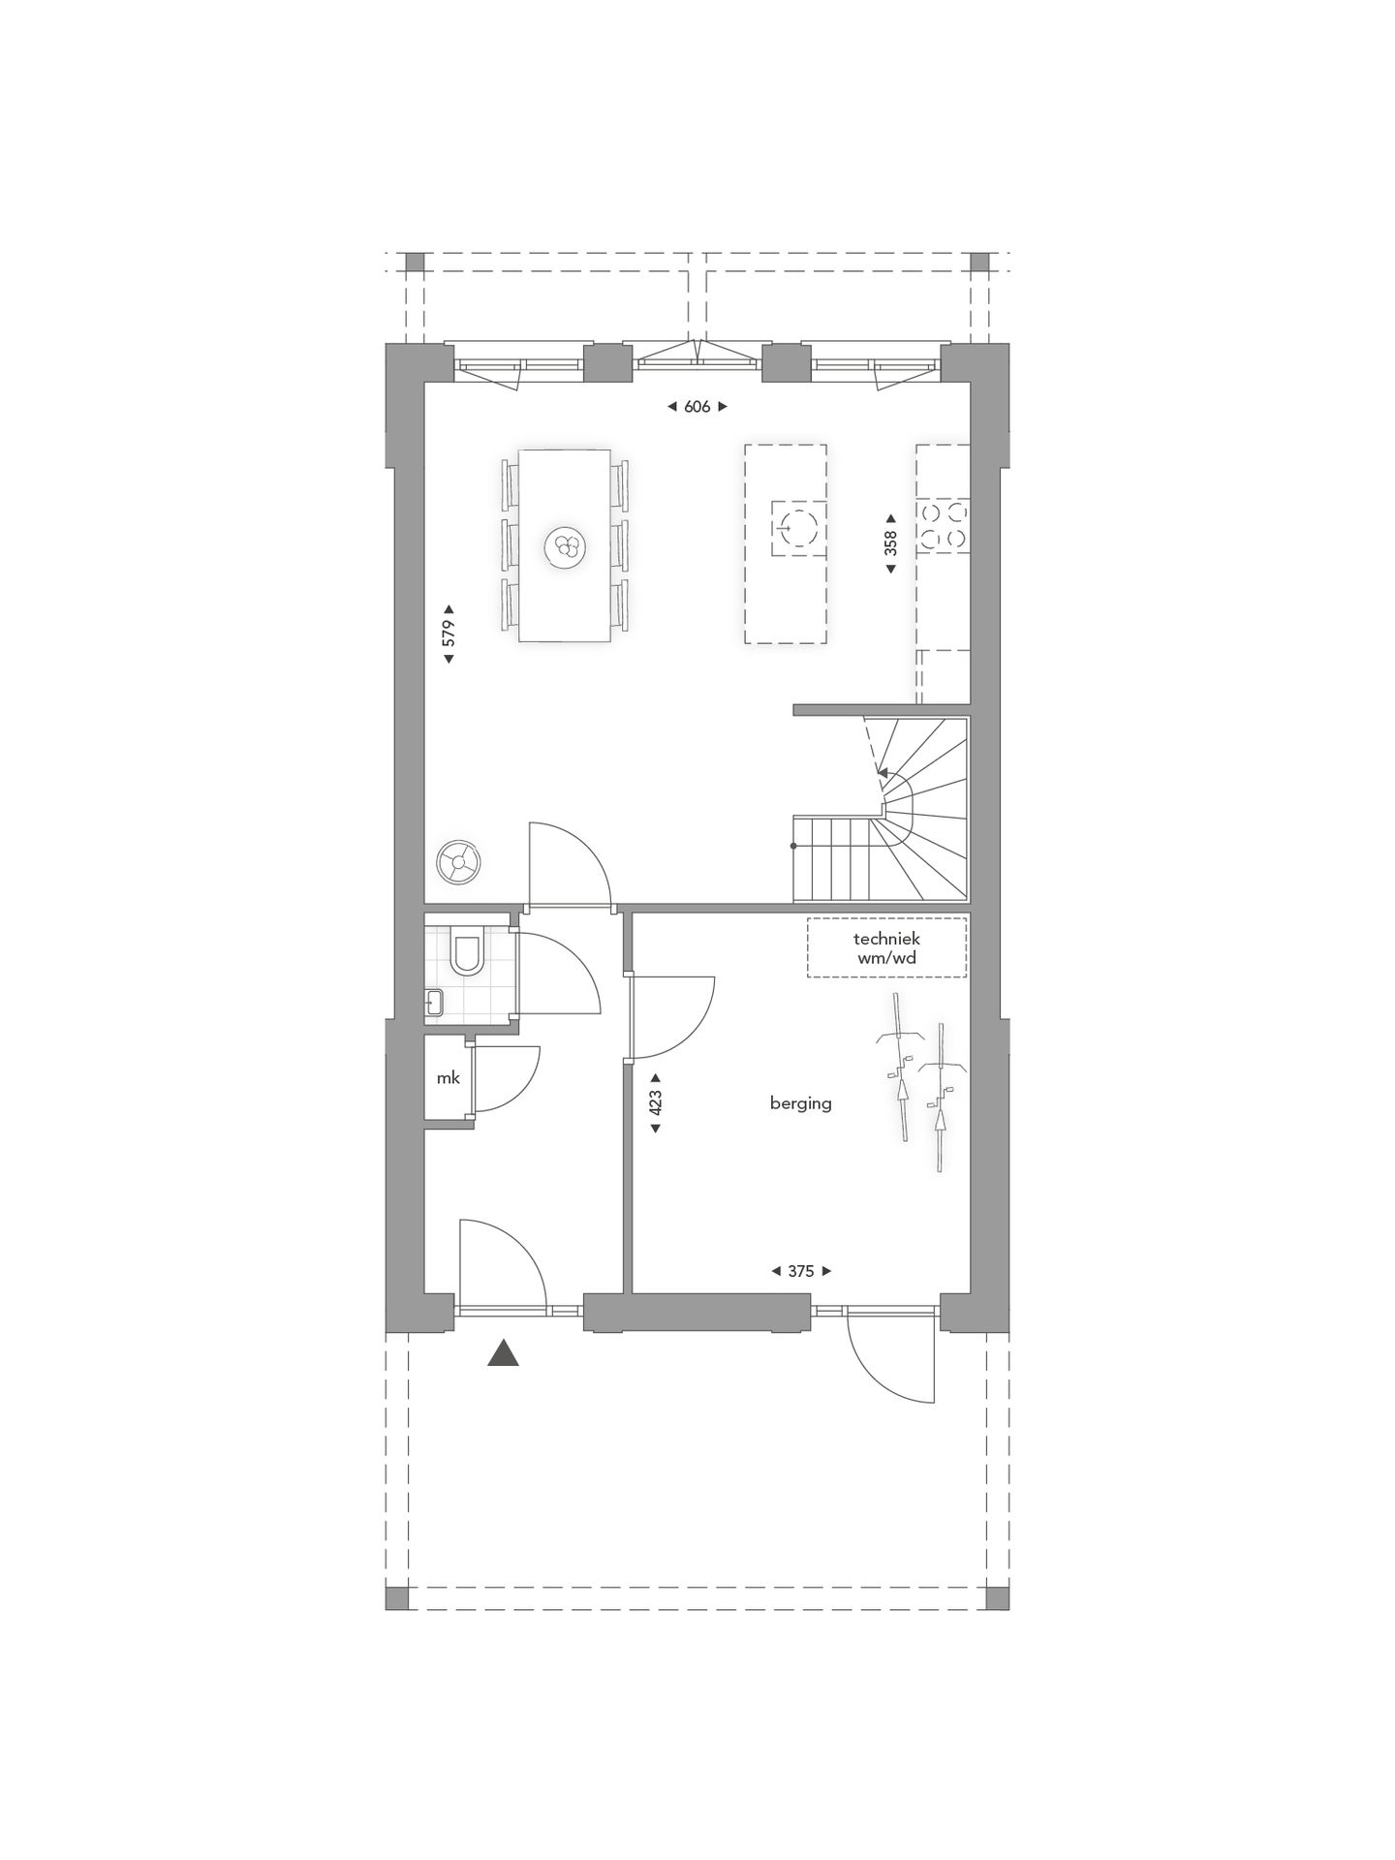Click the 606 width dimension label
click(697, 407)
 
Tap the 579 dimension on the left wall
click(449, 634)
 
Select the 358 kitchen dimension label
click(890, 542)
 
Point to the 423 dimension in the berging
click(655, 1102)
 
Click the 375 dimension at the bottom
click(800, 1271)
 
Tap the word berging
click(800, 1102)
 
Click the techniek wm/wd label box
click(886, 948)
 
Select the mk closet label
click(448, 1077)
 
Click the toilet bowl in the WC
click(467, 954)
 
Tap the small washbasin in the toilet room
click(433, 1002)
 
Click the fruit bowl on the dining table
click(565, 548)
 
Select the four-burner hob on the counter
click(943, 526)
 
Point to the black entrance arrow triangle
click(503, 1353)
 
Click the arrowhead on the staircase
click(882, 772)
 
